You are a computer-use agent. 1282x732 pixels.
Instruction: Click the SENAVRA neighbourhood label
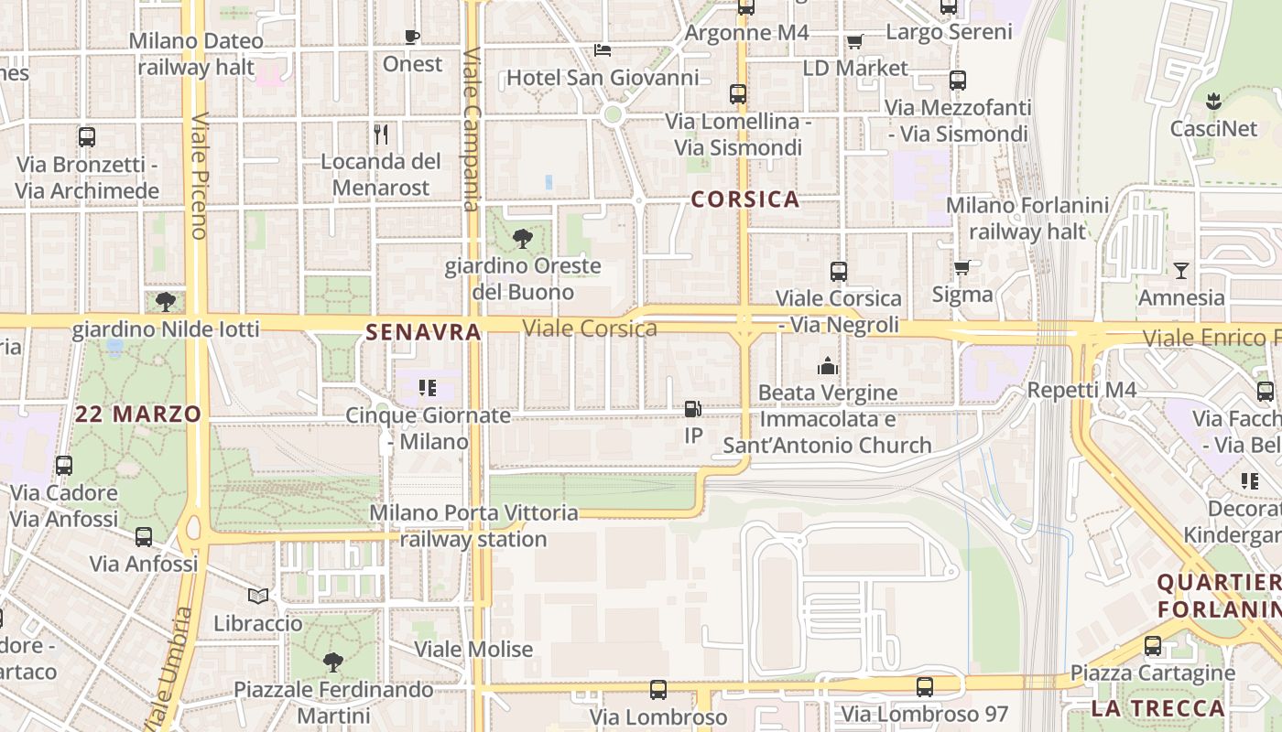tap(423, 332)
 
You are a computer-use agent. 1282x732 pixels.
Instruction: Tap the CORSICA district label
tap(745, 199)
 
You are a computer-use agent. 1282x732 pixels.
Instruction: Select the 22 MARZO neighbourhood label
tap(138, 414)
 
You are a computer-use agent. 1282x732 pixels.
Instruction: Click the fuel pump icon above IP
tap(693, 409)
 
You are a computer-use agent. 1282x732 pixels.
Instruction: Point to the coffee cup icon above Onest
tap(412, 38)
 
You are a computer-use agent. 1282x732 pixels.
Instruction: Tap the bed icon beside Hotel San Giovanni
tap(602, 49)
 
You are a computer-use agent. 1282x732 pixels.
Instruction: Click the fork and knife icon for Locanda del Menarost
tap(381, 135)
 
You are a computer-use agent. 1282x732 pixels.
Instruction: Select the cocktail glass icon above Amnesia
tap(1181, 270)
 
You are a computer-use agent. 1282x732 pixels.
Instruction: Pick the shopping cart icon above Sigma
tap(961, 267)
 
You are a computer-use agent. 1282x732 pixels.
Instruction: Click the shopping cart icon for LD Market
tap(854, 41)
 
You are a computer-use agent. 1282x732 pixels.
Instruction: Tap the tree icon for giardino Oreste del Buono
tap(523, 240)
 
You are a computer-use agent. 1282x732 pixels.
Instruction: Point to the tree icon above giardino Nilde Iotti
tap(166, 302)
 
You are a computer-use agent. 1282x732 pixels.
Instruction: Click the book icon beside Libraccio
tap(258, 597)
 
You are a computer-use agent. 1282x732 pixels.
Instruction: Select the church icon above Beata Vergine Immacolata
tap(828, 366)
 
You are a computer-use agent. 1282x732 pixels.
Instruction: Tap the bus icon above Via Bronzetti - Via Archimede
tap(87, 137)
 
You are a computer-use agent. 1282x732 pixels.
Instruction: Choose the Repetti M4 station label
tap(1081, 391)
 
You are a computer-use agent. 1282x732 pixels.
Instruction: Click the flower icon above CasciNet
tap(1214, 101)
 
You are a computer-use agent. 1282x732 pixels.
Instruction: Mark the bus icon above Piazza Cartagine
tap(1153, 646)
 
